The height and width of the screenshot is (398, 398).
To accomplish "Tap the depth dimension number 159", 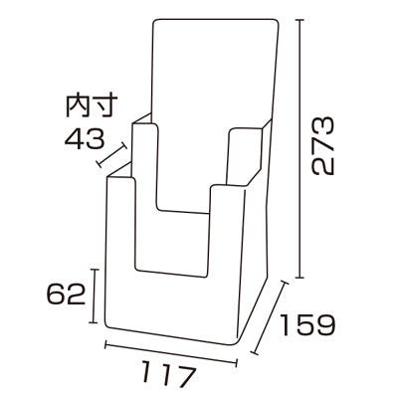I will click(306, 325).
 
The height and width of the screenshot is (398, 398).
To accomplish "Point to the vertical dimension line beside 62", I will click(96, 295).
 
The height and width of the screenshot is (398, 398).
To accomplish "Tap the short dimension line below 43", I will click(112, 155).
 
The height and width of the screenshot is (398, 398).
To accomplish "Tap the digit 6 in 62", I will click(57, 295).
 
